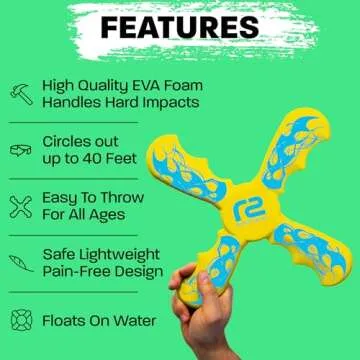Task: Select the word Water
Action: (133, 321)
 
